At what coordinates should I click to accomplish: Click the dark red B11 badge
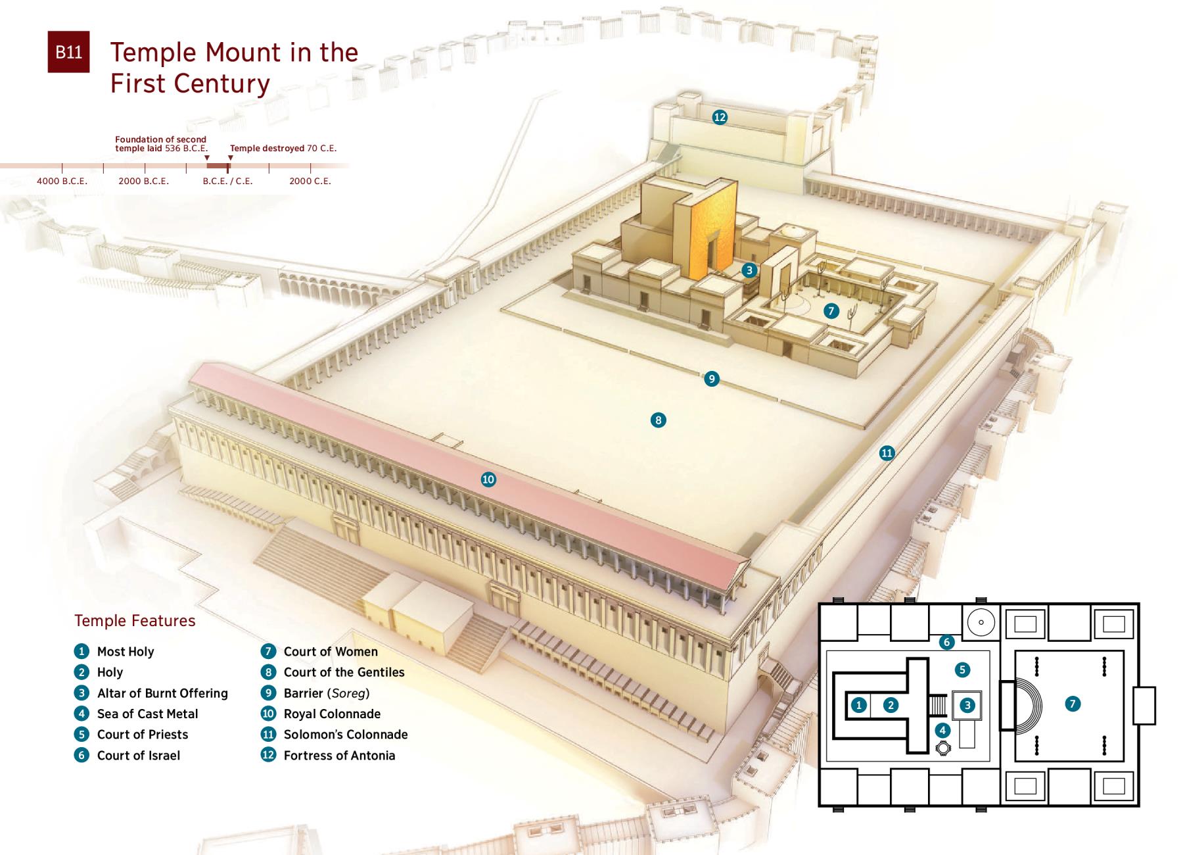68,52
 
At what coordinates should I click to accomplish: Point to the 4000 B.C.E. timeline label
62,181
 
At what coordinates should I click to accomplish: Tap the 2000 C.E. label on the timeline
310,181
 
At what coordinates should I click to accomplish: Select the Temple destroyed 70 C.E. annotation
283,149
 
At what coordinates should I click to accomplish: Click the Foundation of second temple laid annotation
161,144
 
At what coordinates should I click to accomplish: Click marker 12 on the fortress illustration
720,117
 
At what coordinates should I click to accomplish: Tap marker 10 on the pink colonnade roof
488,479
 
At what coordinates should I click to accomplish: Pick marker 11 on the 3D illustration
887,452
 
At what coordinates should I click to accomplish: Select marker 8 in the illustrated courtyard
658,420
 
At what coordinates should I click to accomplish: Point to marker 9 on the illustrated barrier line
711,379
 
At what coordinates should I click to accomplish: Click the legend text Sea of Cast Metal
147,714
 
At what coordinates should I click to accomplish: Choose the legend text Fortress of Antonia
339,756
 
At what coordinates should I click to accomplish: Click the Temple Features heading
135,621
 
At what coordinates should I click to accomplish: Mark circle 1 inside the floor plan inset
859,705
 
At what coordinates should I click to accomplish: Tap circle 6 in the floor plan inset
946,642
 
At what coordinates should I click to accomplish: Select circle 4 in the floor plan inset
942,729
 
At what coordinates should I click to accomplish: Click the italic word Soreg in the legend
348,693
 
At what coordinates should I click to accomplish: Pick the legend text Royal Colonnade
332,714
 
